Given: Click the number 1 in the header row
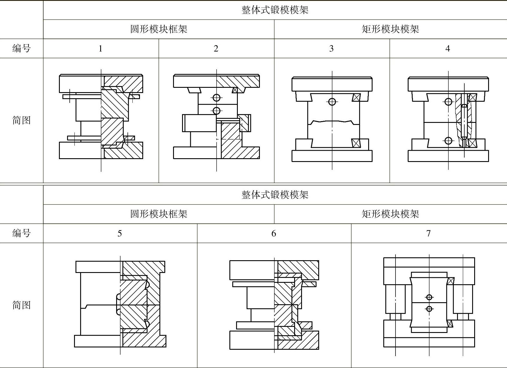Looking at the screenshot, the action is tap(100, 48).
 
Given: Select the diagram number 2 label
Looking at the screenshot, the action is tap(216, 48).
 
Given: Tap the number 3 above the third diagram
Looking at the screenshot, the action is tap(331, 48).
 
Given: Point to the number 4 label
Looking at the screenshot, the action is tap(447, 48).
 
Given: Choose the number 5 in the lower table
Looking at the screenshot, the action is tap(120, 233).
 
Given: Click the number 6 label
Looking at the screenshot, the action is tap(274, 233).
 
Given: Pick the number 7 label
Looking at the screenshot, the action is tap(428, 233).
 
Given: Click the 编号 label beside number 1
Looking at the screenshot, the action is tap(21, 48).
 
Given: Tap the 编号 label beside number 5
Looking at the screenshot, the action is tap(21, 233).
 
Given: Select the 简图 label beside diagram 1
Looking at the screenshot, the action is tap(21, 120).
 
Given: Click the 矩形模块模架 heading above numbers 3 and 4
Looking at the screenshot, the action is tap(390, 29).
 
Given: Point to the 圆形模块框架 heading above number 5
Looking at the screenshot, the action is tap(159, 214).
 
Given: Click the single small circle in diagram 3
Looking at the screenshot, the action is tap(332, 102).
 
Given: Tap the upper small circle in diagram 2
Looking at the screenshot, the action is tap(216, 98).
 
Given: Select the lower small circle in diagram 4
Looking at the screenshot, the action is tap(448, 141).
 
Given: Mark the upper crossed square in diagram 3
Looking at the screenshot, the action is tap(356, 97).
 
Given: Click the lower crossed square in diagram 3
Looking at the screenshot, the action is tap(356, 143).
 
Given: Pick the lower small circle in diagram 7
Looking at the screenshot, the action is tap(429, 309).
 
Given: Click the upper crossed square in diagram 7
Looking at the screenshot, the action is tap(451, 281).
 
